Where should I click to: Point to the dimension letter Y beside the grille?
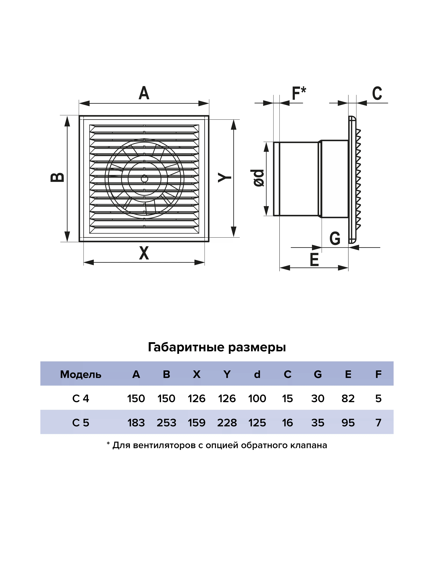[x=225, y=177]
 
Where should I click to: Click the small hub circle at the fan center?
[x=144, y=179]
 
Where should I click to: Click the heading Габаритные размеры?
[x=217, y=347]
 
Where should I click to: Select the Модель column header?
[x=81, y=374]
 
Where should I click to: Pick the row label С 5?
[x=81, y=423]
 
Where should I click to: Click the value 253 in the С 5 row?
[x=166, y=423]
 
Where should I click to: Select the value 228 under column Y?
[x=227, y=423]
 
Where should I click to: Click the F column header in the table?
[x=378, y=374]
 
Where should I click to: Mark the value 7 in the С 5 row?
[x=378, y=423]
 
